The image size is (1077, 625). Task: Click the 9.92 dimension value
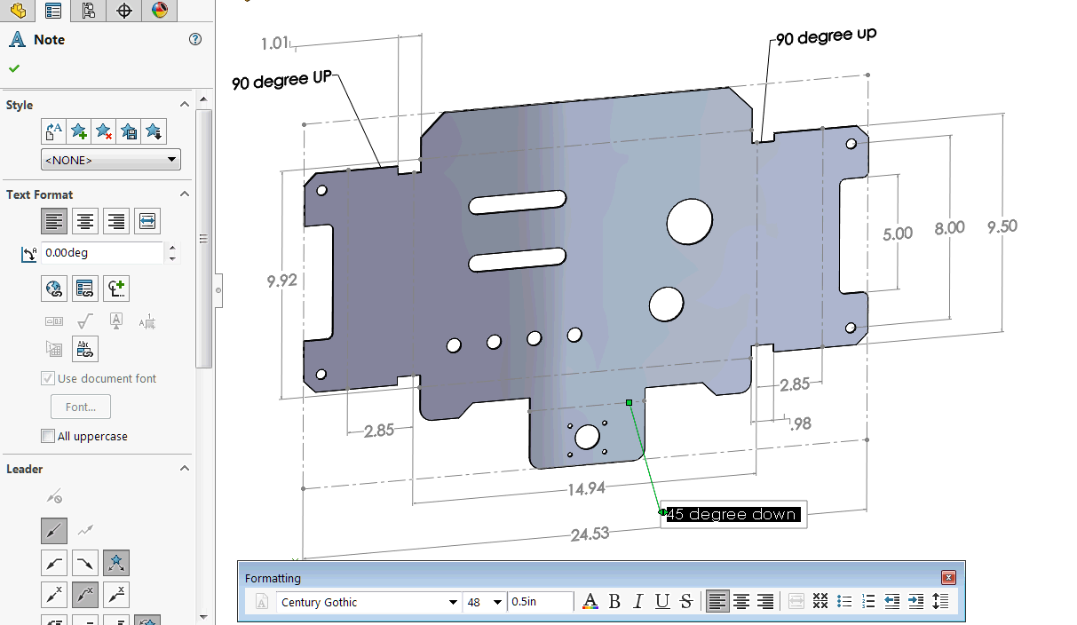click(281, 281)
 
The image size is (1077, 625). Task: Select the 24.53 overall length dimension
click(590, 534)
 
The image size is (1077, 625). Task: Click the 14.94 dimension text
click(587, 488)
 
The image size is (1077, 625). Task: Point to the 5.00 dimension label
click(898, 233)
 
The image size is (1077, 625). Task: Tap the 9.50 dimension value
click(1002, 226)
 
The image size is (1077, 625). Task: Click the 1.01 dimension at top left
click(275, 44)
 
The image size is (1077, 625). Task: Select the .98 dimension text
click(800, 423)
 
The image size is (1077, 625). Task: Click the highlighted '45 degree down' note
click(733, 514)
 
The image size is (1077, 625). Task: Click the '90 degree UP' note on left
click(281, 81)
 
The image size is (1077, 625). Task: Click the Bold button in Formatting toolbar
click(614, 602)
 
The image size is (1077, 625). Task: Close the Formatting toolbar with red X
click(948, 578)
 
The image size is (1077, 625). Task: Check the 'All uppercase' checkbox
click(48, 436)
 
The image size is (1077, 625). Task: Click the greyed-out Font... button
click(81, 407)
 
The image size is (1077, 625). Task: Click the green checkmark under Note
click(14, 68)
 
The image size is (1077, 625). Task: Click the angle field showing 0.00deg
click(102, 253)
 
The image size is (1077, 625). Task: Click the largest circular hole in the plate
click(690, 221)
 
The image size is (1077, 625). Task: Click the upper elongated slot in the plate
click(518, 202)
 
